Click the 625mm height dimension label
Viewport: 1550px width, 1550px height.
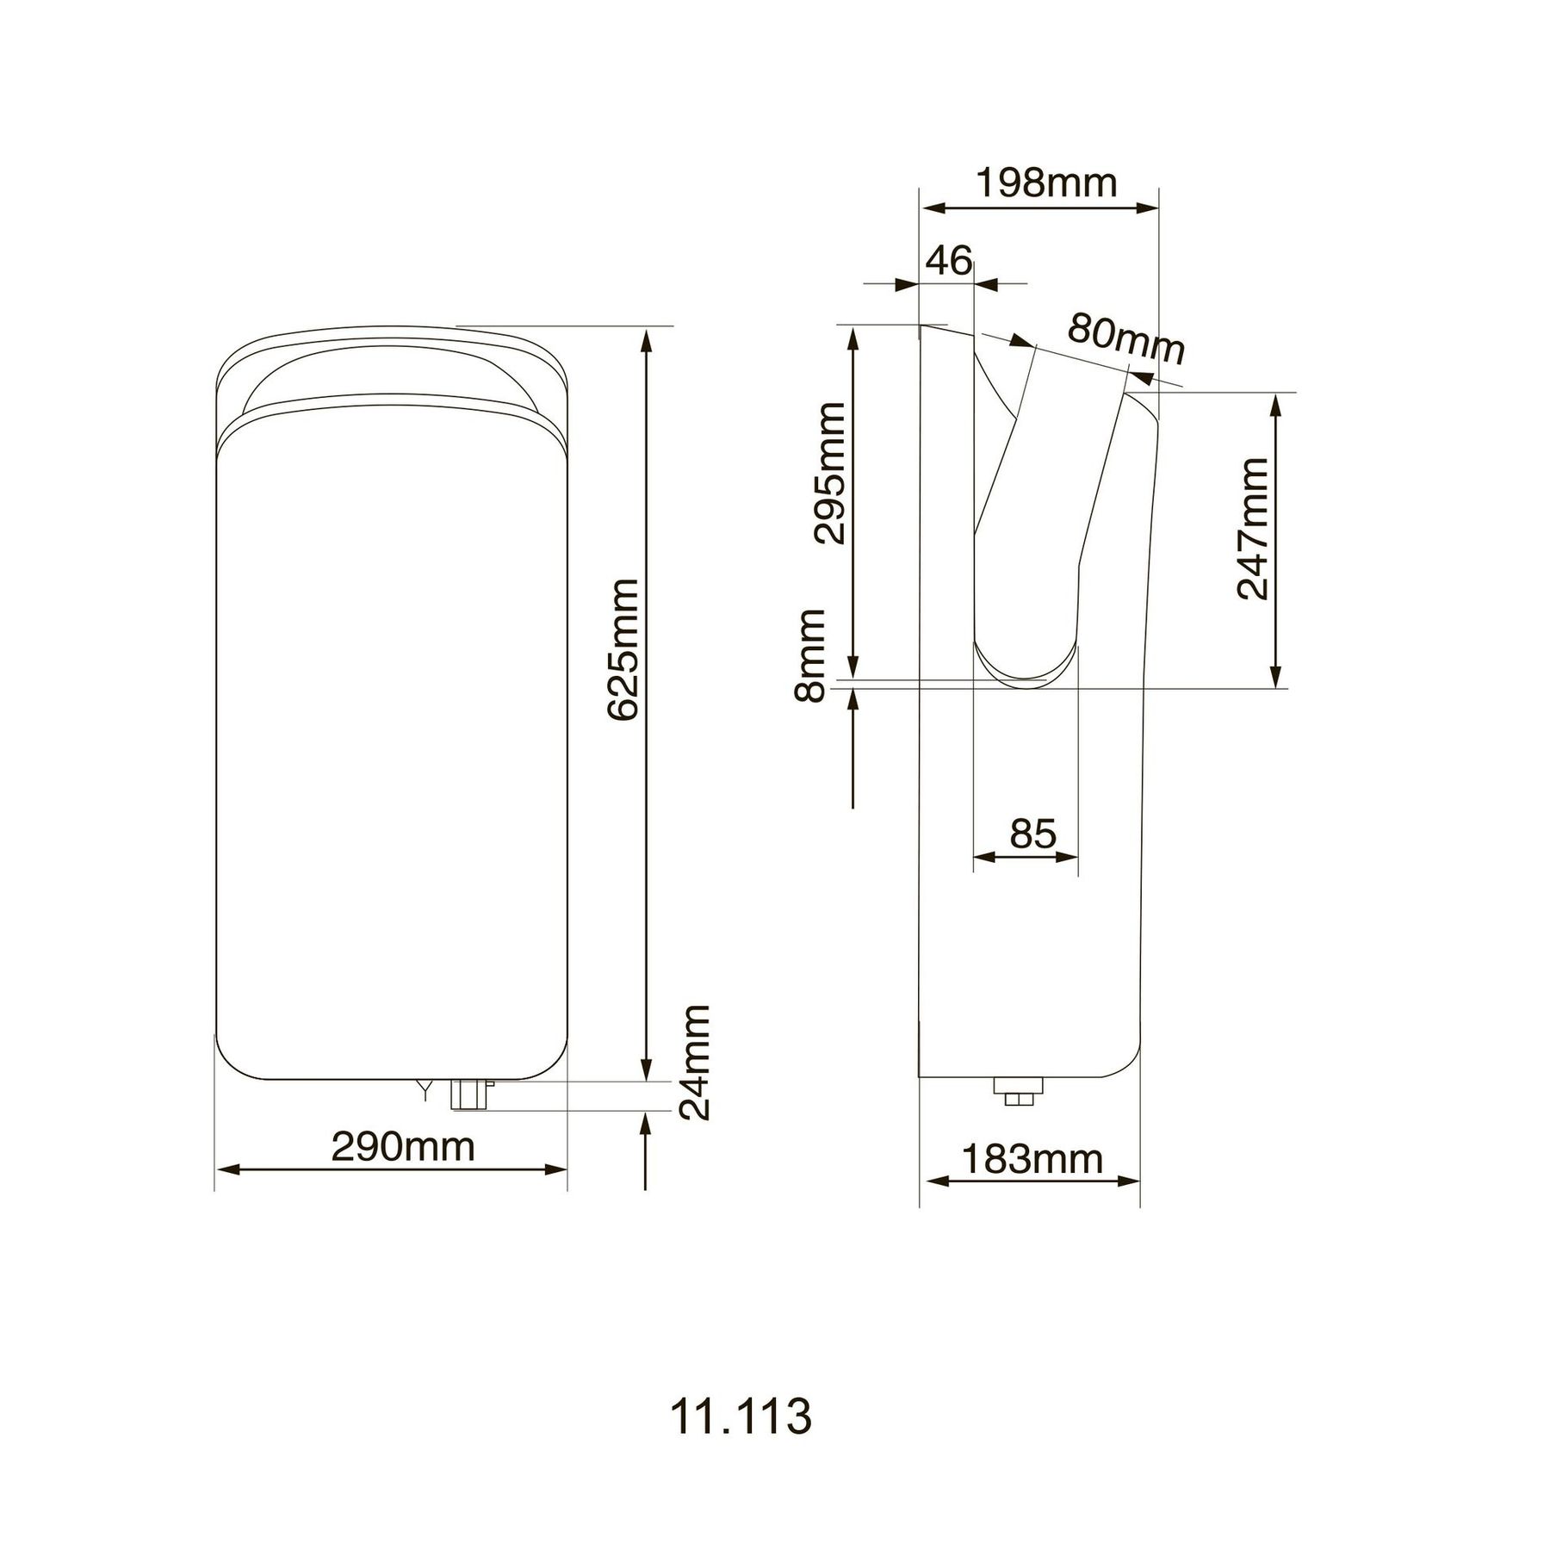click(622, 650)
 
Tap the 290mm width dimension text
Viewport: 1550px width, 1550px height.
click(403, 1147)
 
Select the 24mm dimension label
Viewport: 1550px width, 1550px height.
click(694, 1062)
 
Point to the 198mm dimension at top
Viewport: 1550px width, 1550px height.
click(1045, 183)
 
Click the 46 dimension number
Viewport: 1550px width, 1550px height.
click(949, 260)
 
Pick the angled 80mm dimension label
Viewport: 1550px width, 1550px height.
click(1125, 338)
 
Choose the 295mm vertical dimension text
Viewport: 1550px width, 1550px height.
click(830, 473)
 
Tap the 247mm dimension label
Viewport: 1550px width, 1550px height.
click(1252, 528)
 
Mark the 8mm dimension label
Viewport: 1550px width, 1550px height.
click(810, 655)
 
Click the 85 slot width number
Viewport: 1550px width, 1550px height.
click(1032, 834)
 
